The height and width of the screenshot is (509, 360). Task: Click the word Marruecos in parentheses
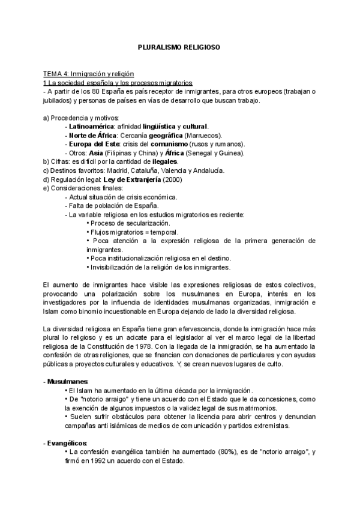(x=202, y=136)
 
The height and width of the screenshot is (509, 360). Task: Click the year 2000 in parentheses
(x=171, y=179)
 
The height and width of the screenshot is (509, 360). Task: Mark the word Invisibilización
(x=114, y=267)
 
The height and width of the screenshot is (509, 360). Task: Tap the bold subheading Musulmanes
(x=67, y=382)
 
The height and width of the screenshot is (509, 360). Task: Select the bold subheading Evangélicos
(x=67, y=442)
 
